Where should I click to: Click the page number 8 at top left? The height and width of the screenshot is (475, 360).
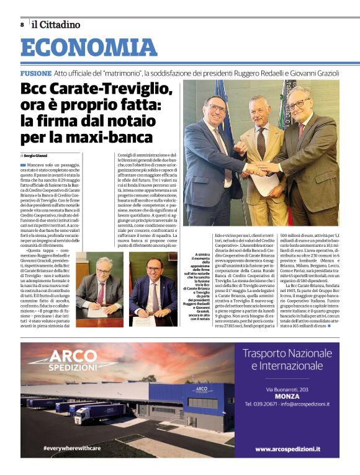[x=22, y=25]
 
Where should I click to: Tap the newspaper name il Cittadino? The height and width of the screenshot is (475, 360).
[x=56, y=25]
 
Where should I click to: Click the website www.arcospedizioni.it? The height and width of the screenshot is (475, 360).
[x=287, y=448]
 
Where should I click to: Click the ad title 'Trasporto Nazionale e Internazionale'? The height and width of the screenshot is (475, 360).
[x=287, y=360]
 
